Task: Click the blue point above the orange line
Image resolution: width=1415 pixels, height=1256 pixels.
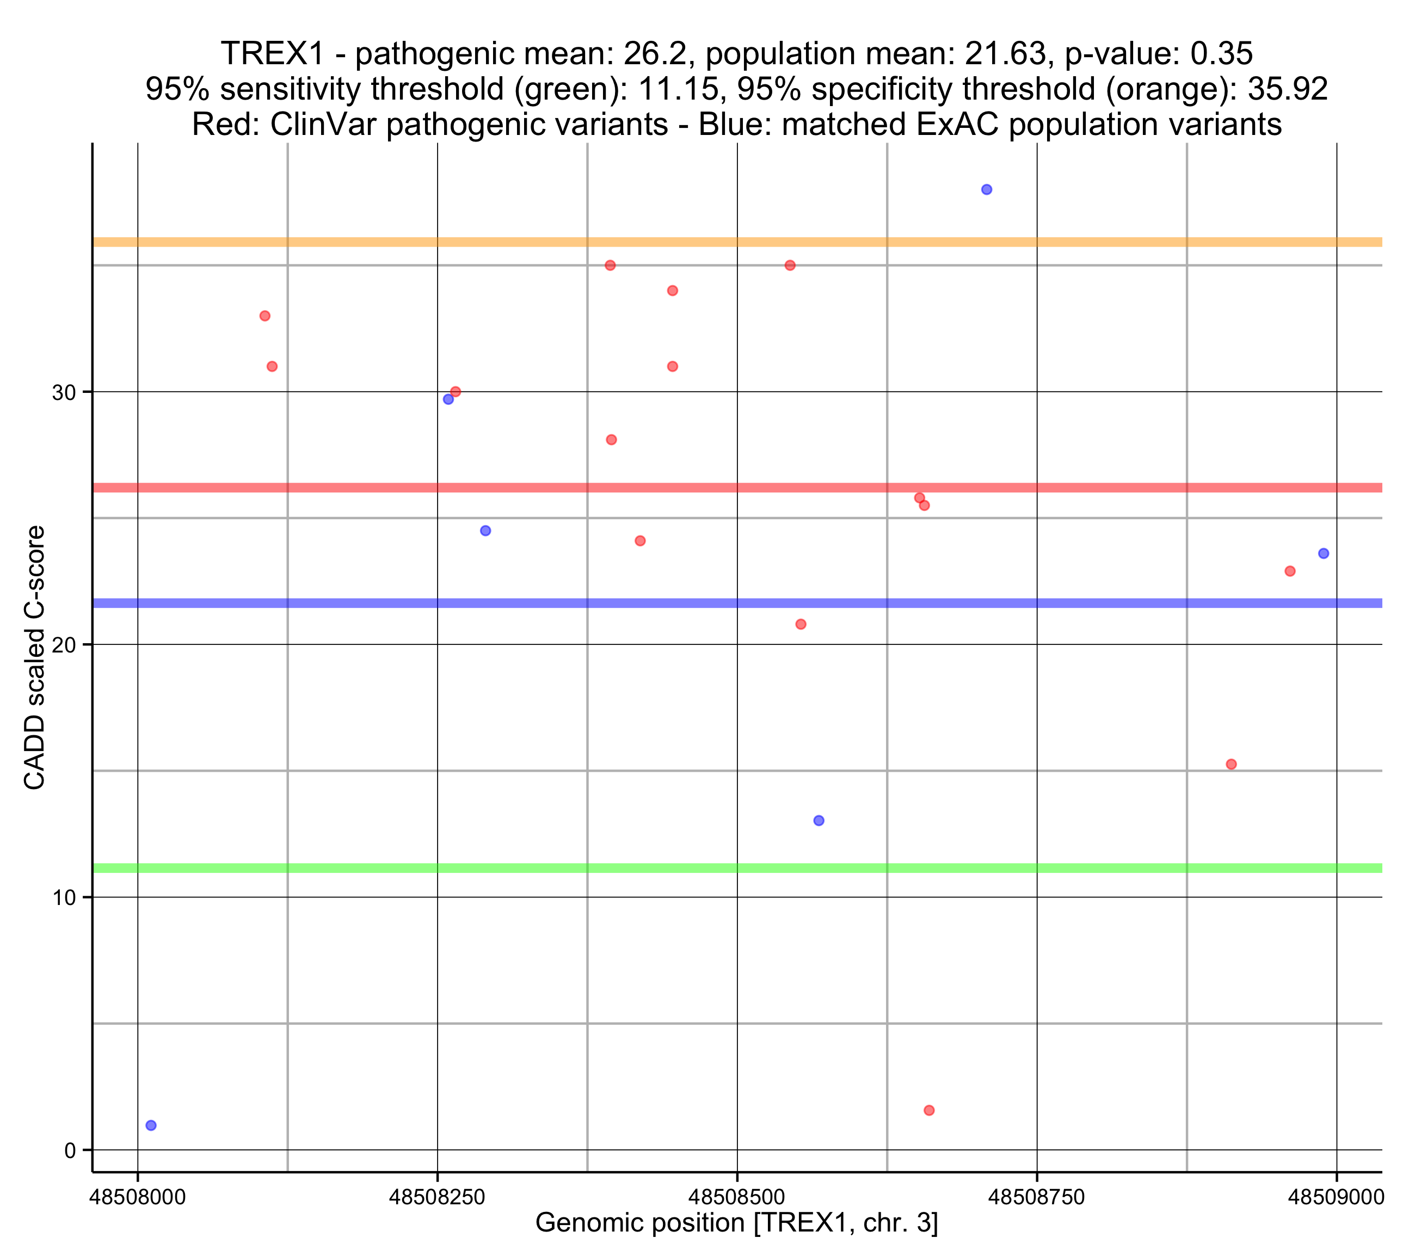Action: (987, 190)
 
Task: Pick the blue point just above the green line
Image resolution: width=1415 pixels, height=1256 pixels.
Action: (819, 821)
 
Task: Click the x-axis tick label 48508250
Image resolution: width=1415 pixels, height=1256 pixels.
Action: (437, 1197)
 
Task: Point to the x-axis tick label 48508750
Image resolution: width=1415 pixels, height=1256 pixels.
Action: (1036, 1197)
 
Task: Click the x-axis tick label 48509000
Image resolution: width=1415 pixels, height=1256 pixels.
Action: (1336, 1197)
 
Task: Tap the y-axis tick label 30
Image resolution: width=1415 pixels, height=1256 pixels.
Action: (64, 392)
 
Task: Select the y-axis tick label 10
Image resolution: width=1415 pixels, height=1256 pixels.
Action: (64, 898)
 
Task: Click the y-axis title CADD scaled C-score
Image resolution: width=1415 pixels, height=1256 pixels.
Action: (35, 658)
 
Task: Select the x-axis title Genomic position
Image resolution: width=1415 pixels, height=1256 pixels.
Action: (736, 1223)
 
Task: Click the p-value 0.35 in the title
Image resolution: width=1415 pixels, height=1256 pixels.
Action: (1221, 54)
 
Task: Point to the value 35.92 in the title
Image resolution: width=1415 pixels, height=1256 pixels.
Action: (1287, 89)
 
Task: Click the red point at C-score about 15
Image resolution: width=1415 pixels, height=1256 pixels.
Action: (1231, 765)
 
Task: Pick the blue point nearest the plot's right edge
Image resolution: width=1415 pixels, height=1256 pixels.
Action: (1324, 553)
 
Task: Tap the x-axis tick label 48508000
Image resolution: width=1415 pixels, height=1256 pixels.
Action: (138, 1197)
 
